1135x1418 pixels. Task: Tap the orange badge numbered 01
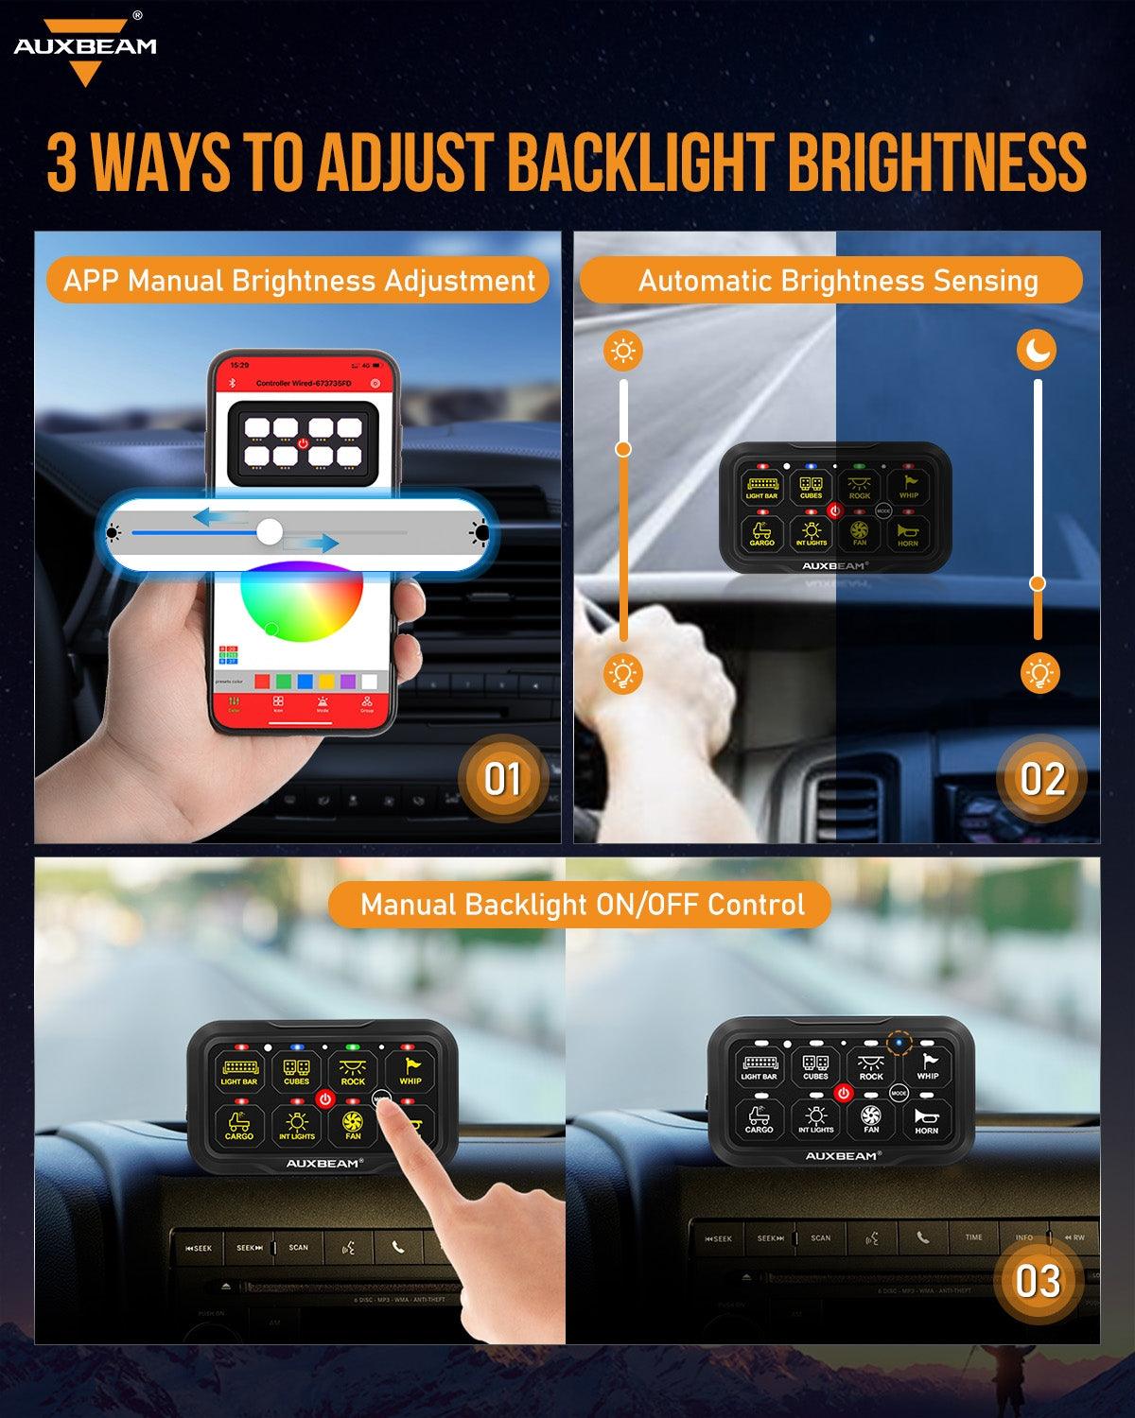501,779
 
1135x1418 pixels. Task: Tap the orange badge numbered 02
1042,779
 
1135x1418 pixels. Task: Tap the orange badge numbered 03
1038,1282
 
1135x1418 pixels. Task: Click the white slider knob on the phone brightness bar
270,532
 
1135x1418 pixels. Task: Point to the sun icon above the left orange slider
623,352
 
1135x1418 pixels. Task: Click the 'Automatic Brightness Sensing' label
837,281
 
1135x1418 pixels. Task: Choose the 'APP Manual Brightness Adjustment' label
299,281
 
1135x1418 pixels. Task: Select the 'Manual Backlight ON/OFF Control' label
582,905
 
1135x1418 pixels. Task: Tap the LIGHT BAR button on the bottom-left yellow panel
239,1071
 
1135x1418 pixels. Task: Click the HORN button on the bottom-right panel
926,1120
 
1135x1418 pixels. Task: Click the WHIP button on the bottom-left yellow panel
410,1071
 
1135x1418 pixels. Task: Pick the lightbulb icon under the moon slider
1040,674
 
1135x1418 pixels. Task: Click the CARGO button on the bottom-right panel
759,1120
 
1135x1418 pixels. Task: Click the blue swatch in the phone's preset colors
306,681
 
